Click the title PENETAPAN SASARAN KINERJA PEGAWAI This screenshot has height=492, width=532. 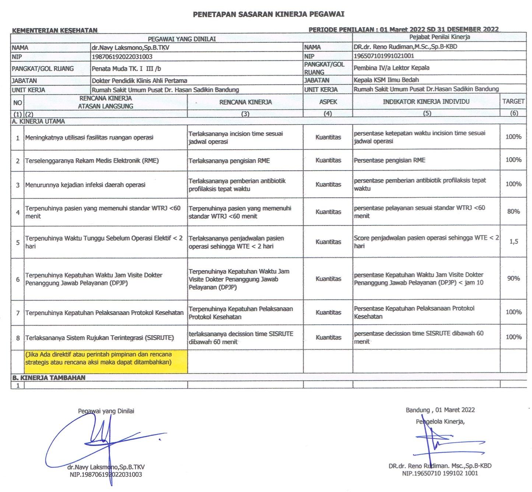pyautogui.click(x=269, y=14)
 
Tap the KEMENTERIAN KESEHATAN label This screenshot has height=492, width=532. pyautogui.click(x=55, y=31)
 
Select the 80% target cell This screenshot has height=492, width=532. pyautogui.click(x=513, y=211)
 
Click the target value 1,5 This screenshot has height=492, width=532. pyautogui.click(x=514, y=242)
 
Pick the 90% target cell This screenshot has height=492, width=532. pyautogui.click(x=513, y=278)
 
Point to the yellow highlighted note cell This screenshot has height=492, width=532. pyautogui.click(x=106, y=358)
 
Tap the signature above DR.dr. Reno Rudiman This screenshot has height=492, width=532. pyautogui.click(x=433, y=442)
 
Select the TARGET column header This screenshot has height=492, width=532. pyautogui.click(x=513, y=101)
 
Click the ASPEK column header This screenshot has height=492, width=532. pyautogui.click(x=328, y=102)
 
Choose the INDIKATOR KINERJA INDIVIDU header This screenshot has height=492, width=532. pyautogui.click(x=426, y=102)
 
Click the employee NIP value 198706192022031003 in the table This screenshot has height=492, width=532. pyautogui.click(x=122, y=57)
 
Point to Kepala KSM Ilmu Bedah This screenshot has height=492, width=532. pyautogui.click(x=386, y=80)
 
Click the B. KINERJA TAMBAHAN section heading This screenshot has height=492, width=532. pyautogui.click(x=49, y=377)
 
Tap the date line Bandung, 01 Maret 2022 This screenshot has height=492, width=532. pyautogui.click(x=440, y=410)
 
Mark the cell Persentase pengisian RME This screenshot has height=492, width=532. pyautogui.click(x=389, y=160)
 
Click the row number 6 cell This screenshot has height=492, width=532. pyautogui.click(x=18, y=279)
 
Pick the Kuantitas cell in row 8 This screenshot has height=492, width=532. pyautogui.click(x=328, y=337)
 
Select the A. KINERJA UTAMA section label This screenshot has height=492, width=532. pyautogui.click(x=38, y=121)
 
